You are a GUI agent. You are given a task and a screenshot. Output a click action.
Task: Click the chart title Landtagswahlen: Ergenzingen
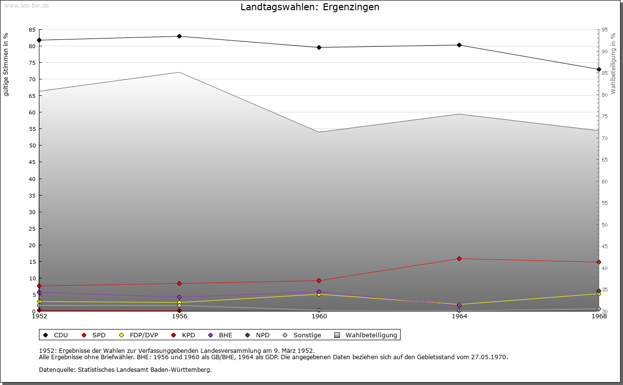(x=310, y=7)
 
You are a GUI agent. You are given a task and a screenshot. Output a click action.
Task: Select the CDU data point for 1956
(x=180, y=36)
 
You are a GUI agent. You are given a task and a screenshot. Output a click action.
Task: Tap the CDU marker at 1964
(x=459, y=45)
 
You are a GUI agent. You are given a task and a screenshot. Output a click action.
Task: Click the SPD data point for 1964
(x=459, y=258)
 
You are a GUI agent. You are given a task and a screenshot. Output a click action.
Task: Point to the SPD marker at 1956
(x=180, y=283)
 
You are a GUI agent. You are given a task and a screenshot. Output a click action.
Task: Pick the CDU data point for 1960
(x=319, y=47)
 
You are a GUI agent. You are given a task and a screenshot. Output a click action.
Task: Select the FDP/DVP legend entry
(x=139, y=335)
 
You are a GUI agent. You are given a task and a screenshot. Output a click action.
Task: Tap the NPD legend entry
(x=258, y=335)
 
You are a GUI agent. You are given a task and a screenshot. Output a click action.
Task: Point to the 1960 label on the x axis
(x=319, y=316)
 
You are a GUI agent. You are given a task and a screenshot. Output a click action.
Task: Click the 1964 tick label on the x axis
(x=459, y=316)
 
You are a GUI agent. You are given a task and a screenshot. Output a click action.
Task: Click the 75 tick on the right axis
(x=605, y=116)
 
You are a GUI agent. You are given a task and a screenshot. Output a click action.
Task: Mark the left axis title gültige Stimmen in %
(x=6, y=64)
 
